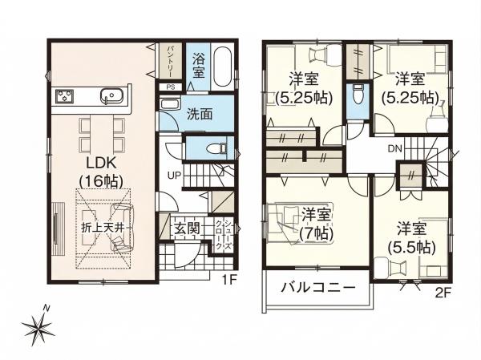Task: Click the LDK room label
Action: pyautogui.click(x=101, y=172)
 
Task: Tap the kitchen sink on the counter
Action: pyautogui.click(x=111, y=95)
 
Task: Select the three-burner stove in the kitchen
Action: pyautogui.click(x=64, y=95)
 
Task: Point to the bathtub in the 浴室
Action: pyautogui.click(x=223, y=67)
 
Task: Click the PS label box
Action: pyautogui.click(x=171, y=87)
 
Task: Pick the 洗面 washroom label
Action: pyautogui.click(x=200, y=114)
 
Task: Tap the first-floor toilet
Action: pyautogui.click(x=216, y=149)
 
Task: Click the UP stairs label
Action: pyautogui.click(x=174, y=176)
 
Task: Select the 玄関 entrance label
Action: pyautogui.click(x=187, y=228)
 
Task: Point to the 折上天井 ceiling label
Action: pyautogui.click(x=103, y=228)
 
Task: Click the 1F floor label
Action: pyautogui.click(x=229, y=280)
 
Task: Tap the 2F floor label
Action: pyautogui.click(x=443, y=293)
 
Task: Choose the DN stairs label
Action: pyautogui.click(x=394, y=149)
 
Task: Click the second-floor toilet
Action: pyautogui.click(x=358, y=95)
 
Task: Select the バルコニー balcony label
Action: pyautogui.click(x=318, y=288)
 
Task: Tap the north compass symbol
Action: pyautogui.click(x=38, y=324)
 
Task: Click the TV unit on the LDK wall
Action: pyautogui.click(x=57, y=229)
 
